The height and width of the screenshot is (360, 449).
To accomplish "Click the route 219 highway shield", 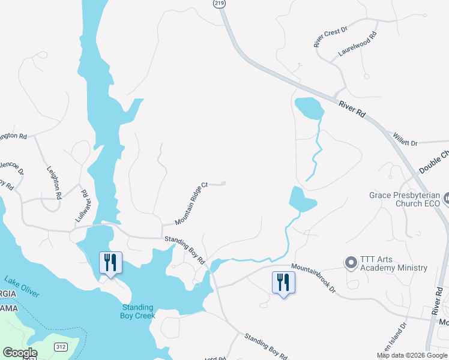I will pyautogui.click(x=220, y=4).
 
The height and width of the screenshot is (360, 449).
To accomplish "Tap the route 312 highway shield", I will pyautogui.click(x=61, y=347).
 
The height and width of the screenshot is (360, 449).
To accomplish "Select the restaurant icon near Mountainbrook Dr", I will pyautogui.click(x=283, y=281).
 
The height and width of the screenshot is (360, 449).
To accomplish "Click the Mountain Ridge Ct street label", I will pyautogui.click(x=191, y=203).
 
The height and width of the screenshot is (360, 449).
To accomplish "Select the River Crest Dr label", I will pyautogui.click(x=331, y=37).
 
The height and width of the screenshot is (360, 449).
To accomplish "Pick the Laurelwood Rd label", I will pyautogui.click(x=357, y=44).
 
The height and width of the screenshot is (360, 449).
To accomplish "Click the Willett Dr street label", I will pyautogui.click(x=405, y=142).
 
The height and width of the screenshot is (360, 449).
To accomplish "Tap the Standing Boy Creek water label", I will pyautogui.click(x=137, y=311).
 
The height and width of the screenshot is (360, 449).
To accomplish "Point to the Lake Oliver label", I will pyautogui.click(x=22, y=287).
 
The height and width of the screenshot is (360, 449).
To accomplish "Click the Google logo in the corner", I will pyautogui.click(x=20, y=353).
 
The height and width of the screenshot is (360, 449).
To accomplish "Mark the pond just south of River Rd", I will pyautogui.click(x=309, y=108).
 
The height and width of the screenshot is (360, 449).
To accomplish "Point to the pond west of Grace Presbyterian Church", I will pyautogui.click(x=302, y=199).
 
